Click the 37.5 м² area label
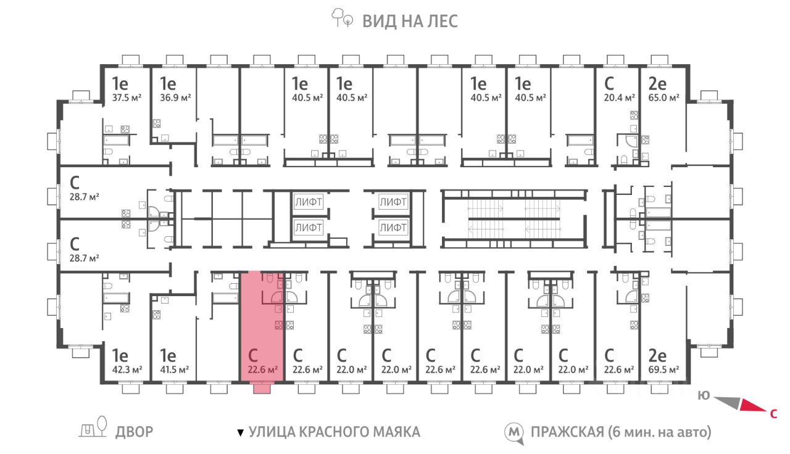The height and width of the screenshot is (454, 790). pyautogui.click(x=127, y=97)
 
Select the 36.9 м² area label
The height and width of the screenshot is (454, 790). pyautogui.click(x=175, y=97)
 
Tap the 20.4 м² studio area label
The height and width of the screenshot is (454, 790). pyautogui.click(x=619, y=97)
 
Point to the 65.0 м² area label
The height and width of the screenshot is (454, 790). pyautogui.click(x=663, y=97)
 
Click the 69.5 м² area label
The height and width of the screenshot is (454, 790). pyautogui.click(x=663, y=369)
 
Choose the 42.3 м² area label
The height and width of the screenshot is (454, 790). pyautogui.click(x=127, y=369)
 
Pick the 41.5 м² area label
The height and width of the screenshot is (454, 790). pyautogui.click(x=174, y=369)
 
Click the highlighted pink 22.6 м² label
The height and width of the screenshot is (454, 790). pyautogui.click(x=263, y=369)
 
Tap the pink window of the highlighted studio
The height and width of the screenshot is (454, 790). pyautogui.click(x=262, y=389)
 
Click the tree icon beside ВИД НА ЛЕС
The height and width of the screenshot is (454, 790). pyautogui.click(x=342, y=18)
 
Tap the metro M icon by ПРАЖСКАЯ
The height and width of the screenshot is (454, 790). pyautogui.click(x=514, y=432)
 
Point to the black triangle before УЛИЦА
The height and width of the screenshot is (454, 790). pyautogui.click(x=240, y=432)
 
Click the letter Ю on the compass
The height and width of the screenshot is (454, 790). pyautogui.click(x=704, y=396)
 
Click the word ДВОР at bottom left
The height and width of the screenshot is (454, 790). pyautogui.click(x=135, y=432)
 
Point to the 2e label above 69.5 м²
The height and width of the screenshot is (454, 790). pyautogui.click(x=657, y=356)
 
